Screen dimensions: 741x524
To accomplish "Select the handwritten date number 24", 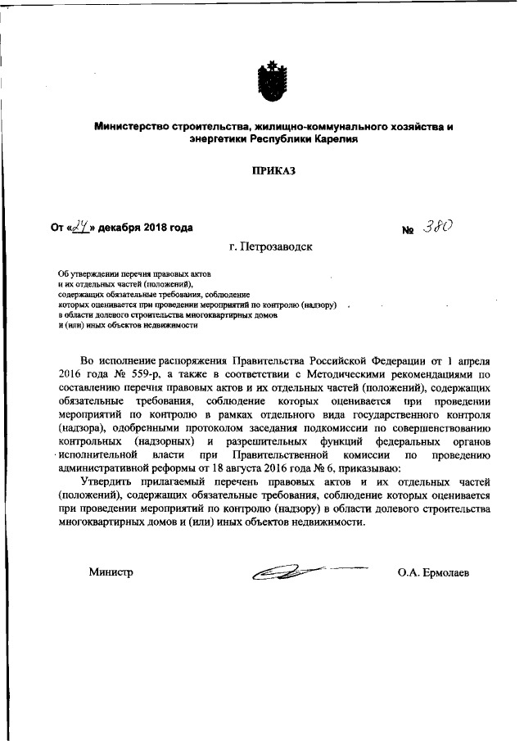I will click(x=80, y=228).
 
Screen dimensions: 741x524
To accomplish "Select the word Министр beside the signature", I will click(x=111, y=572).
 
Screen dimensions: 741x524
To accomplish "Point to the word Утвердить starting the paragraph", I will click(x=108, y=484).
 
